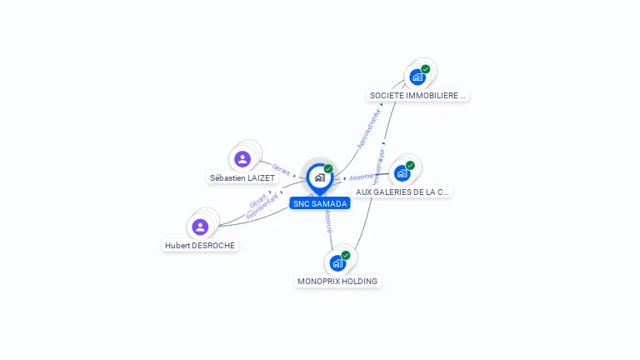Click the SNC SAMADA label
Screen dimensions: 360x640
320,203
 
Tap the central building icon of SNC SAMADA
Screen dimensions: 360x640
320,177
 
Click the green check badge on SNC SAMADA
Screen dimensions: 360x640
328,169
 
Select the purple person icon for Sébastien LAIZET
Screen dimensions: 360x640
242,158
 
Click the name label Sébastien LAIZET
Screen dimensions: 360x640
242,178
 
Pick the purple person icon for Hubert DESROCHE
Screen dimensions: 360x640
200,227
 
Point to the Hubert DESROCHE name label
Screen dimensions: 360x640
200,246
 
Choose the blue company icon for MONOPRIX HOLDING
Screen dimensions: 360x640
337,263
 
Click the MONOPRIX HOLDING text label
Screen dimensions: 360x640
337,282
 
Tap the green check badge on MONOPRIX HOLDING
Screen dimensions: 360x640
346,255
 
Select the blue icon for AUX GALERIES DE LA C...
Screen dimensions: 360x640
402,173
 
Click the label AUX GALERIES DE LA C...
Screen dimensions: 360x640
402,192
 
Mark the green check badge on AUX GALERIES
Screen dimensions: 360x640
410,165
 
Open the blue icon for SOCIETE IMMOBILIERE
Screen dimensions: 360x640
417,77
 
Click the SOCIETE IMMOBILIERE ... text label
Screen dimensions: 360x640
417,96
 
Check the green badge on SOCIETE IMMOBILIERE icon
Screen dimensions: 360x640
426,69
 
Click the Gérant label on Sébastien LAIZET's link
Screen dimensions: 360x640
281,169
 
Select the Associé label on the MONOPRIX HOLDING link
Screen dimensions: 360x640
328,221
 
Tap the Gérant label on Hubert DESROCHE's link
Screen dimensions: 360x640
257,200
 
